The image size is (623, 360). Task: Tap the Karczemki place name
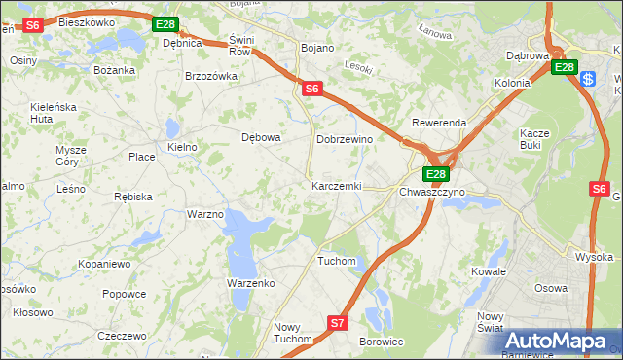point(337,185)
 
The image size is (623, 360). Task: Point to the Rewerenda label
point(439,124)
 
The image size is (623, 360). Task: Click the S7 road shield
point(337,322)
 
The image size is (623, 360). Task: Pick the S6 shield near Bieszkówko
point(32,25)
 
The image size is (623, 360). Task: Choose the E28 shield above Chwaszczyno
point(435,174)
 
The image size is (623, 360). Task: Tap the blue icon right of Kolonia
point(588,78)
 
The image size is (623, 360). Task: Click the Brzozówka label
point(211,76)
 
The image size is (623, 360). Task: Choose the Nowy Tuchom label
point(293,333)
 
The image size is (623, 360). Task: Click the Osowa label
point(551,288)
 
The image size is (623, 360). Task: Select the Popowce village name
point(124,294)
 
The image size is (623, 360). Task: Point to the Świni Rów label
point(239,45)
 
